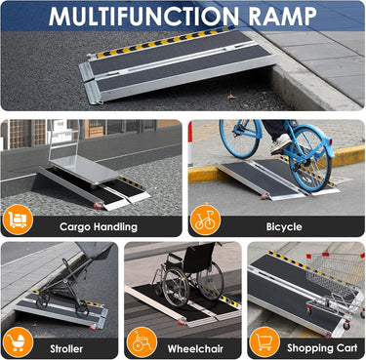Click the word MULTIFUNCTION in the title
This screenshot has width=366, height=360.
(143, 16)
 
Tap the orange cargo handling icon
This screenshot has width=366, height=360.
(18, 220)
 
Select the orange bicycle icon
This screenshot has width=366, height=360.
(205, 220)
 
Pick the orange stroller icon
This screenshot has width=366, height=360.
(18, 342)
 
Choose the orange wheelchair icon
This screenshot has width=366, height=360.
(142, 342)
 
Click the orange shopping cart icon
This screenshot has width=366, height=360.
(264, 342)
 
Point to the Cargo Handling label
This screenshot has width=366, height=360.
(99, 226)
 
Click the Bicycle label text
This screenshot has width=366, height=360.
(284, 226)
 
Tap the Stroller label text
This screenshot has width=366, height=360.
(66, 349)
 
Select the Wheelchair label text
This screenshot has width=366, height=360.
(195, 349)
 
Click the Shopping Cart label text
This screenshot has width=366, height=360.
(322, 348)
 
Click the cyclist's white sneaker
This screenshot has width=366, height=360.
(281, 143)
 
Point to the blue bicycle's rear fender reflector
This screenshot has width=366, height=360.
(331, 141)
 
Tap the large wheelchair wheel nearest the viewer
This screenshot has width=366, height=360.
(176, 288)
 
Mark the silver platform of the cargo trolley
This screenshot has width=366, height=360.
(83, 170)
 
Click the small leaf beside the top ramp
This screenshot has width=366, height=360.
(231, 97)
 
